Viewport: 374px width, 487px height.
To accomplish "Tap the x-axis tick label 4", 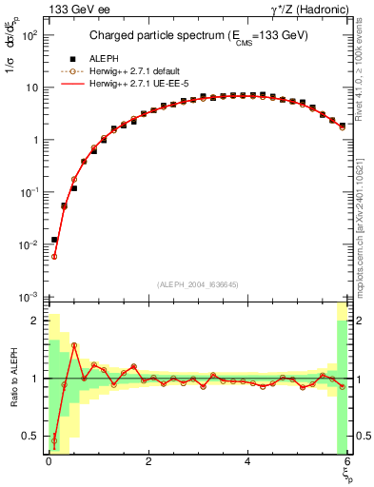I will pos(247,461).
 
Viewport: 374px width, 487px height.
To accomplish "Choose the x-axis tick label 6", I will pos(347,461).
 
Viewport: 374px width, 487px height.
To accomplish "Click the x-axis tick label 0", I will pos(49,461).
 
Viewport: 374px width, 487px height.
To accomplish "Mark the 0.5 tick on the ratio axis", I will pos(31,437).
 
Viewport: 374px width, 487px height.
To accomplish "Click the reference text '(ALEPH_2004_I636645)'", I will pos(197,284).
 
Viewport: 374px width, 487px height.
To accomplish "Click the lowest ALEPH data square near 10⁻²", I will pos(54,240).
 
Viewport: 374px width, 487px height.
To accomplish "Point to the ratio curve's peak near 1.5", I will pos(74,345).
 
